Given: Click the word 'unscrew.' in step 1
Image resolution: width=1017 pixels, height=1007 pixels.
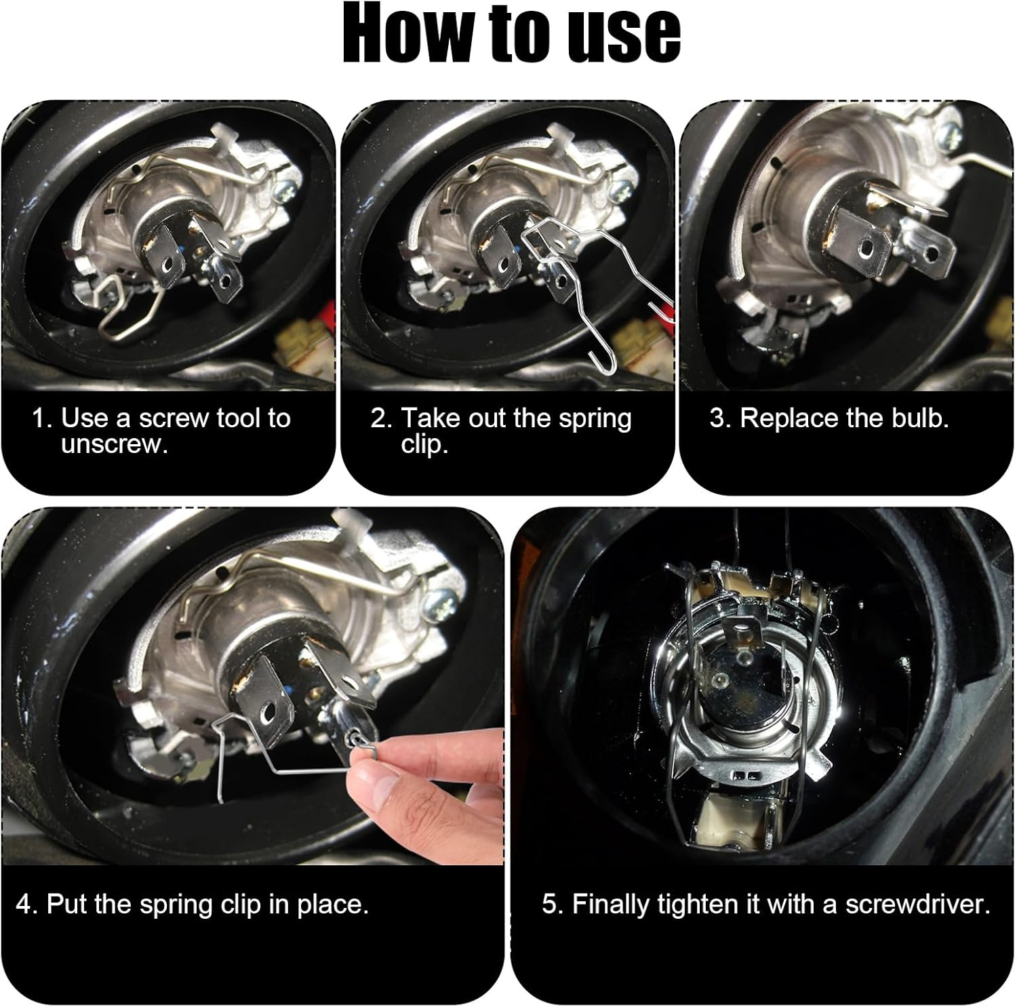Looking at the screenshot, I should (x=114, y=445).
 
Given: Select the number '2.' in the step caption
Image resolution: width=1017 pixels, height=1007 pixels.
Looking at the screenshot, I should (x=381, y=418).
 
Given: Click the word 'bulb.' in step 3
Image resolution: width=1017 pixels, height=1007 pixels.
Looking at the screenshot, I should (x=920, y=418).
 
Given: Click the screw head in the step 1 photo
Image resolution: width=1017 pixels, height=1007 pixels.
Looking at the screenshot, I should (x=283, y=191).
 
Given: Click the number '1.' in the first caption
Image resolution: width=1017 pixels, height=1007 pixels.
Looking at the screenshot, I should (x=42, y=418).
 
